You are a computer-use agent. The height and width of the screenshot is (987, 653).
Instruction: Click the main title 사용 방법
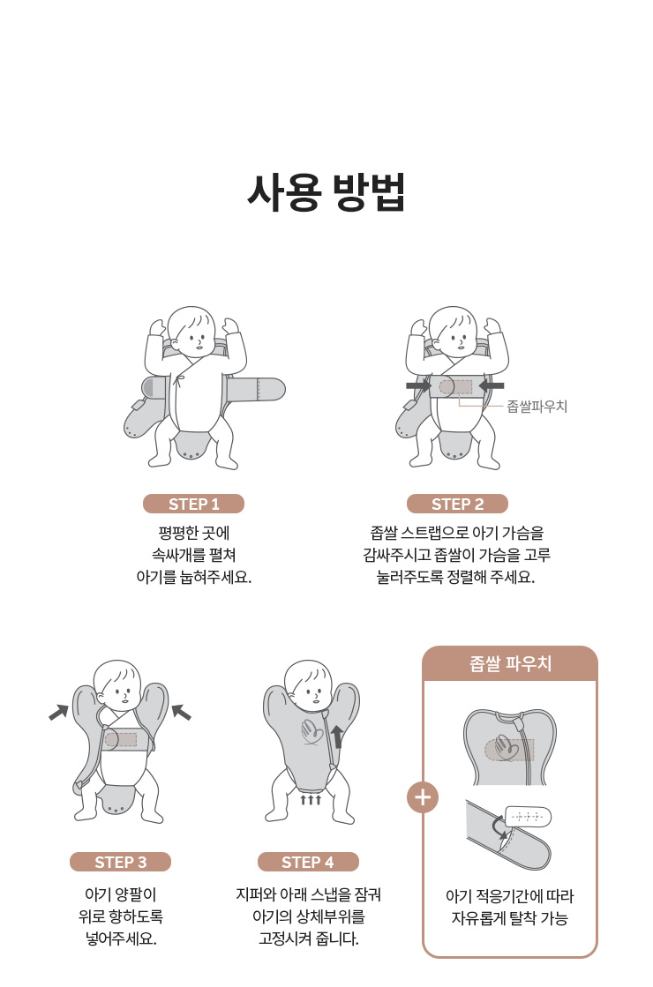326,191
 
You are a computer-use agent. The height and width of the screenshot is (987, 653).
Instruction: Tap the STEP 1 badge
193,504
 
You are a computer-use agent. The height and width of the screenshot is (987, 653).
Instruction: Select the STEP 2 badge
457,504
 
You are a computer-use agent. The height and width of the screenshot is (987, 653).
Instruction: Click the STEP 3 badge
120,862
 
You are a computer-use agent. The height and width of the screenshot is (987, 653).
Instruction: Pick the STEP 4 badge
308,862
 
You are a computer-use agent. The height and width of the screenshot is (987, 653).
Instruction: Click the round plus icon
423,797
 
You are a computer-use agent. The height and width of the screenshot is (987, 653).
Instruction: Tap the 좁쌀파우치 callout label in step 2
537,407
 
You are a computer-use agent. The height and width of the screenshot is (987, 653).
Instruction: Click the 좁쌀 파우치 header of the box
510,663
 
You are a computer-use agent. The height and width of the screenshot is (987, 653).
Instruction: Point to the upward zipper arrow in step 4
337,737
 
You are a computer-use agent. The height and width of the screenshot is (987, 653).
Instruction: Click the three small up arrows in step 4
311,799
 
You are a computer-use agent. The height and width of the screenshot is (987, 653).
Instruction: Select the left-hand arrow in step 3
58,712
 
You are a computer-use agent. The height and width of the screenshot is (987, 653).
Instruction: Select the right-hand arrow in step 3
182,712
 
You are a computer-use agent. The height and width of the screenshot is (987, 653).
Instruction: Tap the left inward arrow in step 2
418,385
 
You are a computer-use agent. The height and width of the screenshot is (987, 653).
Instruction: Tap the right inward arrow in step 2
492,385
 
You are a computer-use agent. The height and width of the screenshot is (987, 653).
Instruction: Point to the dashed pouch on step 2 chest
455,386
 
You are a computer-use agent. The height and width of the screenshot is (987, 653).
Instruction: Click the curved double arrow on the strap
500,827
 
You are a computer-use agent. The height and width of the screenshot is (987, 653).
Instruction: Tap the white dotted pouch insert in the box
528,817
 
